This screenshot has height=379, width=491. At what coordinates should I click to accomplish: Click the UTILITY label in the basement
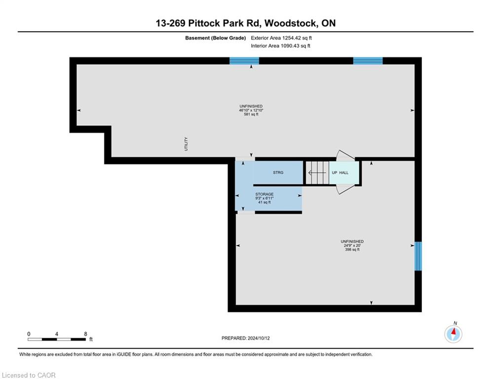click(186, 144)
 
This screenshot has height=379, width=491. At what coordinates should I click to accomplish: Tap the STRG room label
click(278, 173)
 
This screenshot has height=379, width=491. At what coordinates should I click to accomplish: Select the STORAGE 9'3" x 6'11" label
click(264, 196)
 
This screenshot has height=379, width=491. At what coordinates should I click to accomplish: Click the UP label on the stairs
click(335, 173)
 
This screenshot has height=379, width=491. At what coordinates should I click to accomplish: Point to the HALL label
click(344, 173)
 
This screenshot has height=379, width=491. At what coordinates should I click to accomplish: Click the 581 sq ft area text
click(251, 114)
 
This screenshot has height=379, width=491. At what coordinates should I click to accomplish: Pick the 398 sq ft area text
click(352, 250)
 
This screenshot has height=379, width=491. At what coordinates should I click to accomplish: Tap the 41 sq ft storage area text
click(264, 202)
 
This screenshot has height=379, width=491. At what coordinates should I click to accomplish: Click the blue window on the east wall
click(418, 256)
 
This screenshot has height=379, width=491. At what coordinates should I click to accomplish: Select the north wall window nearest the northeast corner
click(368, 61)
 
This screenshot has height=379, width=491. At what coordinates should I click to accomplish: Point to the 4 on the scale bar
click(57, 334)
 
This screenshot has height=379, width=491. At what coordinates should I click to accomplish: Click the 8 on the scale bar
click(85, 334)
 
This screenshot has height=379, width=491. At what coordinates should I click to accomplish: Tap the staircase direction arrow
click(317, 173)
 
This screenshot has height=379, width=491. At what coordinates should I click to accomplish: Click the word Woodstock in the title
click(291, 23)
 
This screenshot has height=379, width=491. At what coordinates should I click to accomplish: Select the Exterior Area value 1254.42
click(292, 38)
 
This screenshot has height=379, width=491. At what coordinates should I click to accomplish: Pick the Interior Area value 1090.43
click(290, 46)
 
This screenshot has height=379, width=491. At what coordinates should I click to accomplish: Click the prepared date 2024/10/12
click(259, 338)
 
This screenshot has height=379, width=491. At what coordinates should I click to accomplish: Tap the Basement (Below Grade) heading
click(216, 38)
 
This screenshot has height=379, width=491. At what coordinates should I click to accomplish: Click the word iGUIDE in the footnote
click(124, 354)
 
